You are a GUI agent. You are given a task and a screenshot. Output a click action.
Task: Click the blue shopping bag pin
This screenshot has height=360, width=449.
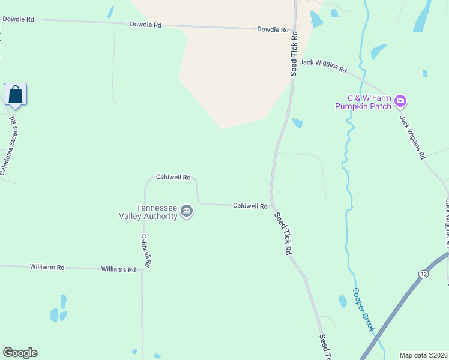15,95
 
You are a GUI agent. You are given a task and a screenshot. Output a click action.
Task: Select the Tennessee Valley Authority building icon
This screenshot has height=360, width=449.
187,211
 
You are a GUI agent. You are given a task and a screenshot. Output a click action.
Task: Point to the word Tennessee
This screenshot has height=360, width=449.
157,207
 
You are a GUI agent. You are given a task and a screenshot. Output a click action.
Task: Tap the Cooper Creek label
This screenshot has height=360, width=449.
363,310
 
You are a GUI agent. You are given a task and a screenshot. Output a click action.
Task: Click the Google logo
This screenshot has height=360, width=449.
20,353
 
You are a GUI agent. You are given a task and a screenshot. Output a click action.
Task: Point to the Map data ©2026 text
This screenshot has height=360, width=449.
423,355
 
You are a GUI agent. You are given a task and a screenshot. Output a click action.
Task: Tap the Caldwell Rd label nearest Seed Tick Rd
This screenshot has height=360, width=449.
250,206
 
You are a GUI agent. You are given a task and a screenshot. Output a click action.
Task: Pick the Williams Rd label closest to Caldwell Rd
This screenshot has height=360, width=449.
118,270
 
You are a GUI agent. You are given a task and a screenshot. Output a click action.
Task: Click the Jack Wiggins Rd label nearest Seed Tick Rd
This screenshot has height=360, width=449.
324,66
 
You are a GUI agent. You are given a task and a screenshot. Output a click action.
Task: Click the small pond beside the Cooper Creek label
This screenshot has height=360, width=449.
343,301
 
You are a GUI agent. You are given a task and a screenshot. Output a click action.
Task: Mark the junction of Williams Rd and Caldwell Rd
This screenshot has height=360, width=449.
142,270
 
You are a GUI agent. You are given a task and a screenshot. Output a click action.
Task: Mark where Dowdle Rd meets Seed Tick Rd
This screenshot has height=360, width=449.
294,30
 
